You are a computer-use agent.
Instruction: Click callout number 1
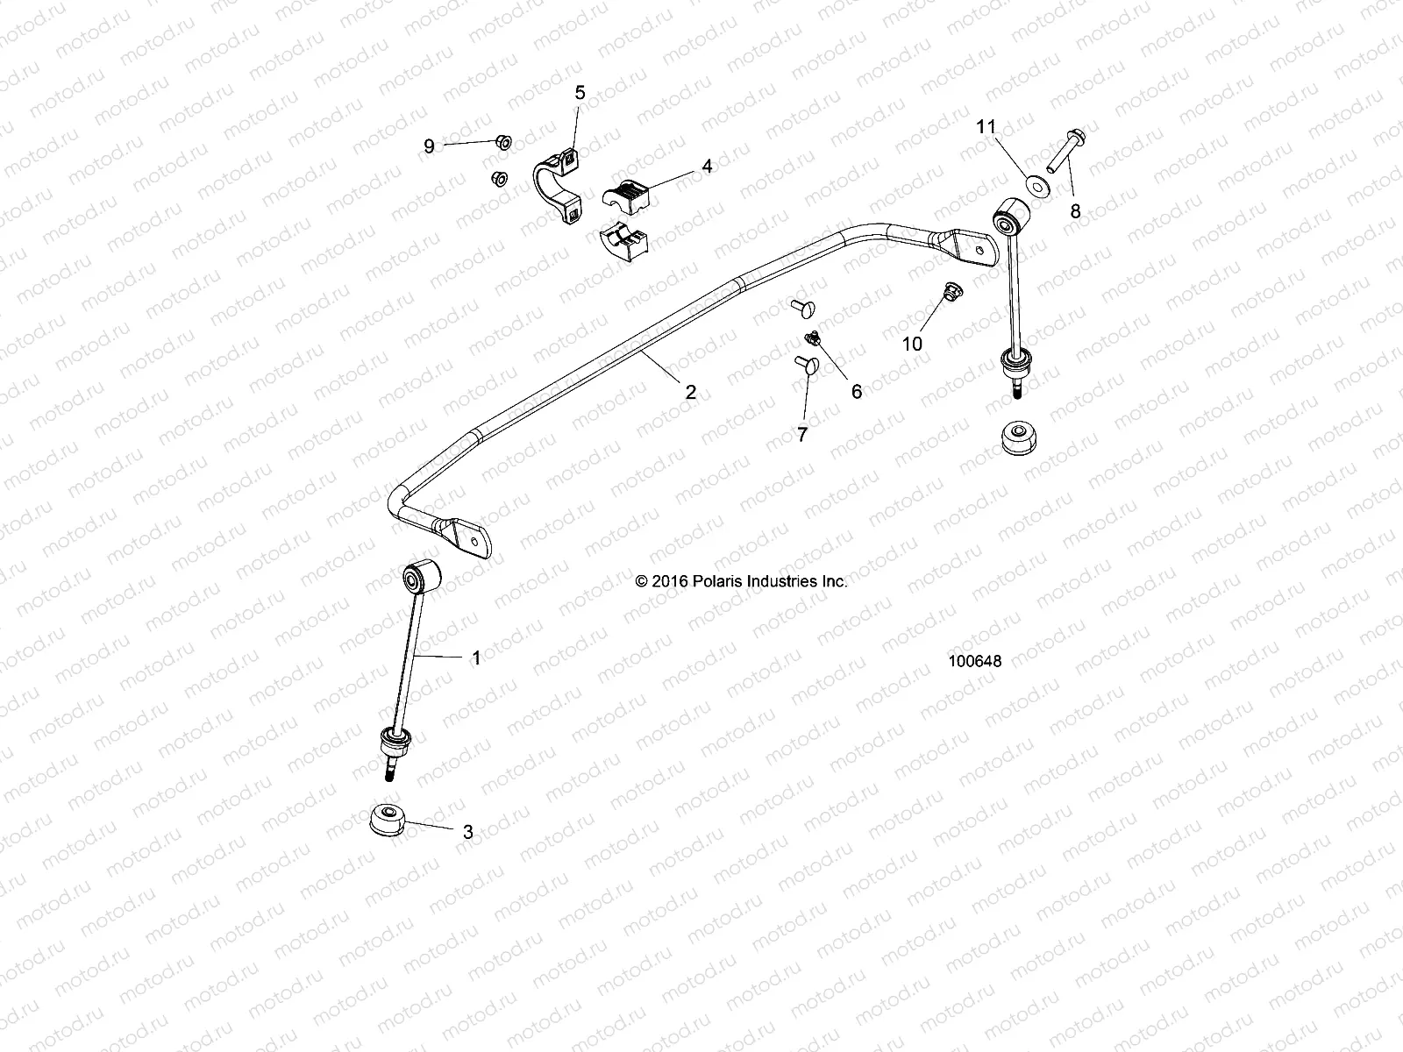[476, 657]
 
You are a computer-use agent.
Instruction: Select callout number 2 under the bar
[690, 392]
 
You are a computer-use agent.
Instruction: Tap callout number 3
[467, 832]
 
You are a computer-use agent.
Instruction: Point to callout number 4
[706, 166]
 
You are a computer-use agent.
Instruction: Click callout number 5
[580, 93]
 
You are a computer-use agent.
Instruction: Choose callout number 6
[857, 392]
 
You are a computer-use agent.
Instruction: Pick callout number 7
[801, 434]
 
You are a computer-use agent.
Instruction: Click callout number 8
[1075, 210]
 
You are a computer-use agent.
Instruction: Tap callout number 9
[429, 146]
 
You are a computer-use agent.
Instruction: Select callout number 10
[912, 344]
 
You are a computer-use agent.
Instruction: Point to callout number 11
[986, 127]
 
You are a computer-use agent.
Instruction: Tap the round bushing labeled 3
[386, 819]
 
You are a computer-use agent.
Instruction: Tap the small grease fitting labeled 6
[813, 338]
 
